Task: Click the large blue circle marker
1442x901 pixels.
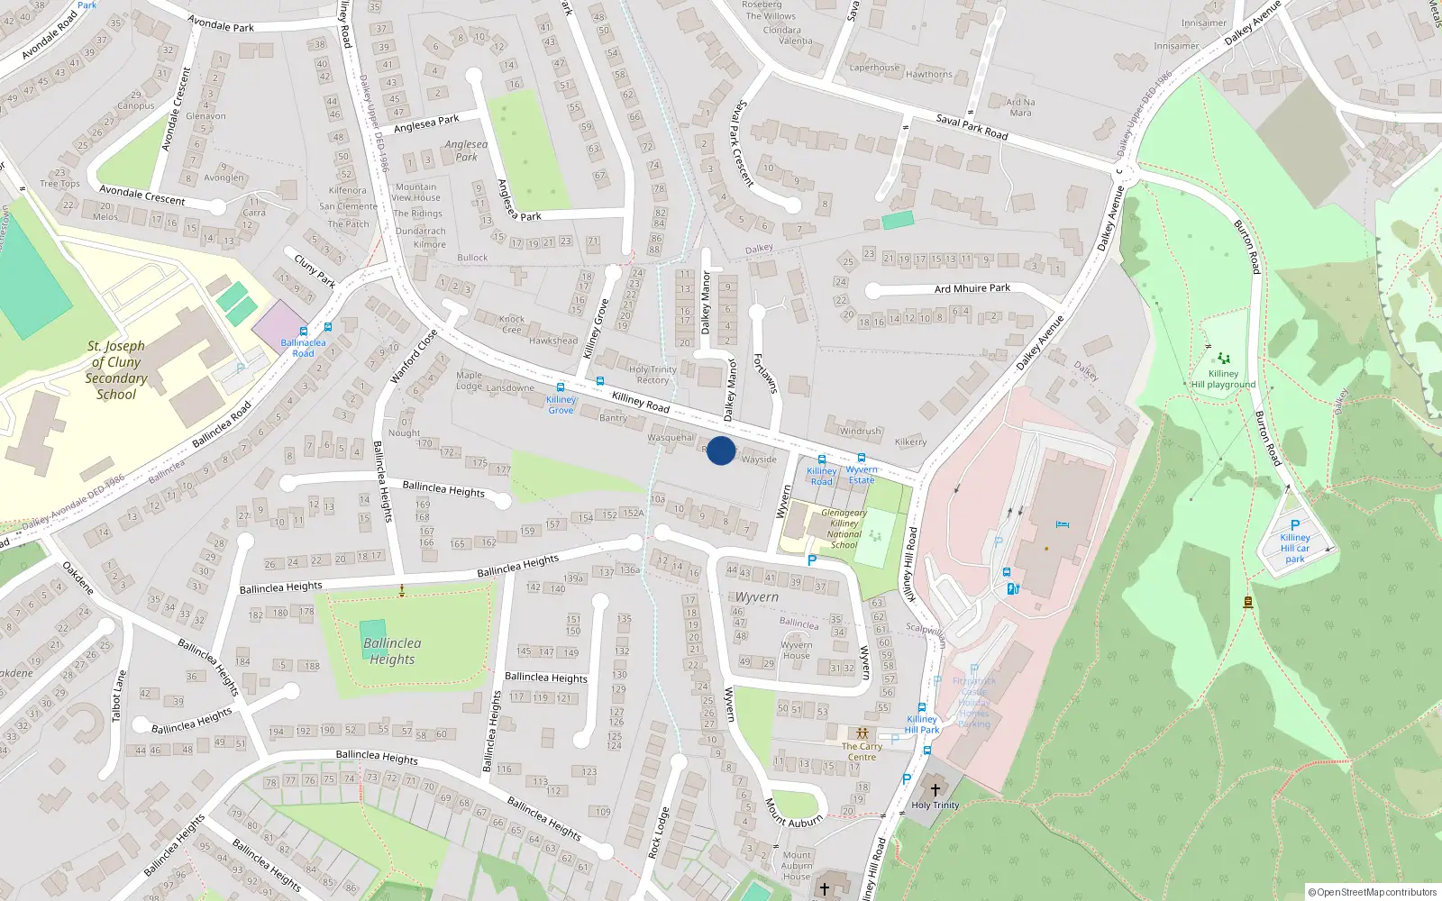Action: click(721, 450)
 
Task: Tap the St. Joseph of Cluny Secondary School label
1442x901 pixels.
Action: click(116, 370)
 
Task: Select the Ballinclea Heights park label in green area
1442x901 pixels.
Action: click(392, 651)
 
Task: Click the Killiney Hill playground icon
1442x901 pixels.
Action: click(1223, 359)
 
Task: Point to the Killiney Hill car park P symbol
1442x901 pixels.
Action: click(1295, 525)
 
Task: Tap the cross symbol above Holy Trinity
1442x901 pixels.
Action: click(935, 790)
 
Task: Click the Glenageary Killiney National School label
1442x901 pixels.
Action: click(844, 529)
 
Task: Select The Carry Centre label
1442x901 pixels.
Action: click(862, 751)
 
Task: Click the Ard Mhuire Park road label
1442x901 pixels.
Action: click(972, 288)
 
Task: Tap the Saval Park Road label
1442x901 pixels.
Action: click(972, 126)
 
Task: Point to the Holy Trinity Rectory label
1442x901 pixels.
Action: click(653, 375)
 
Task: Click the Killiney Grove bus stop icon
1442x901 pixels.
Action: click(561, 387)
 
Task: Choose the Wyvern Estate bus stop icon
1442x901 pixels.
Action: click(862, 459)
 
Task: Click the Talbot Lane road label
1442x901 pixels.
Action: click(117, 696)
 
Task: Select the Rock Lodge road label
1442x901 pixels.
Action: click(659, 833)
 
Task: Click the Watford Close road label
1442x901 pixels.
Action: click(414, 357)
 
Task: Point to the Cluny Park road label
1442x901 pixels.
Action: click(315, 270)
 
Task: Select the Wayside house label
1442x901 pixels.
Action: click(759, 460)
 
